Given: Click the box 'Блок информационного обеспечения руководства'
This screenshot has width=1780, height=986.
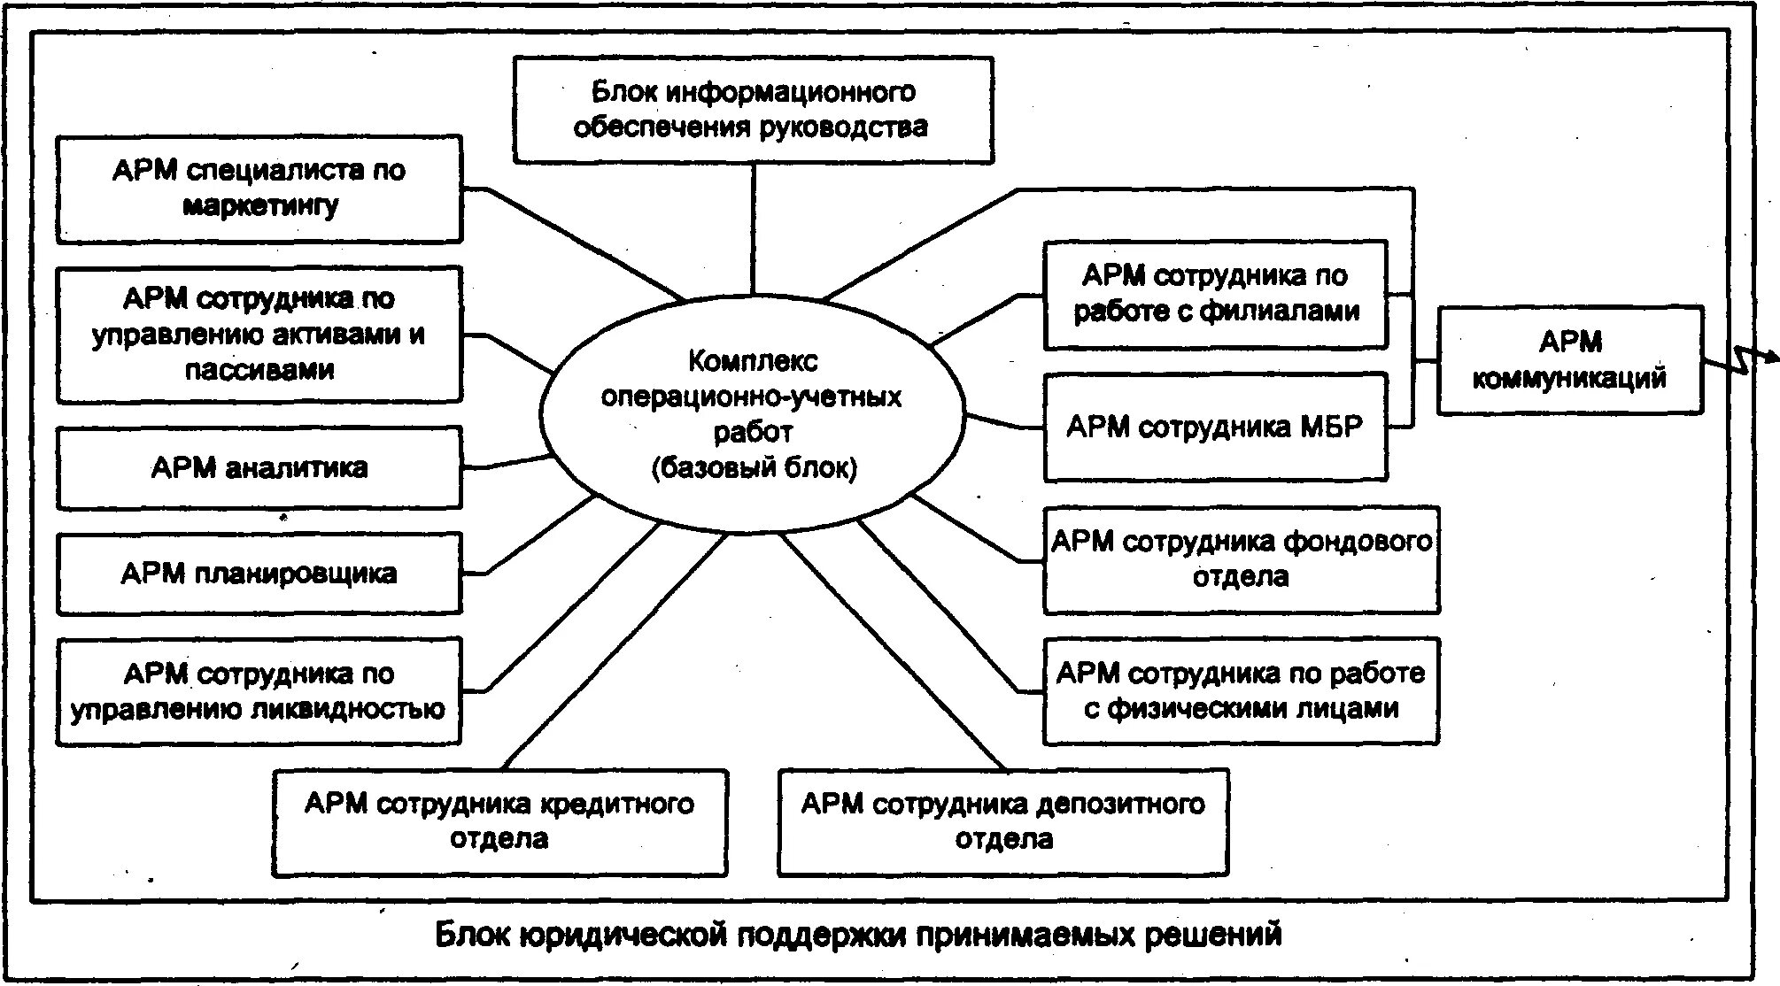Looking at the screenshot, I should point(753,110).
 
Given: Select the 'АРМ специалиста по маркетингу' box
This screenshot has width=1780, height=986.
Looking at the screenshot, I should point(259,189).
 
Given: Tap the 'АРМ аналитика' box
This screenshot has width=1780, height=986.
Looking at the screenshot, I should point(259,467).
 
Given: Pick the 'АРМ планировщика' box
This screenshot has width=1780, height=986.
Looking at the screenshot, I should point(259,573).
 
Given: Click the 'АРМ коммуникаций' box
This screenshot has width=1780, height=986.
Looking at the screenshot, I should point(1569,359).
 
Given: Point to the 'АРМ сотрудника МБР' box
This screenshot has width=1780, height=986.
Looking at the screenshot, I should point(1215,428).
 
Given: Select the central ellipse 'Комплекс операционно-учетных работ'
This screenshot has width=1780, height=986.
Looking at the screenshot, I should point(752,413).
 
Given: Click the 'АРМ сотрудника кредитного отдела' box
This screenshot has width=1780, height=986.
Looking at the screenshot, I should point(499,821).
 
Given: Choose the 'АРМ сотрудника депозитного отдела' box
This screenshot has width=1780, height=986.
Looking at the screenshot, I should point(1003,821).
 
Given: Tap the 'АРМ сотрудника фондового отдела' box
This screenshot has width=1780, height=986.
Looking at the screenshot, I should point(1241,559).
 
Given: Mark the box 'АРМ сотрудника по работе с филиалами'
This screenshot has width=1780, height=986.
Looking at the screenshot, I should point(1215,294).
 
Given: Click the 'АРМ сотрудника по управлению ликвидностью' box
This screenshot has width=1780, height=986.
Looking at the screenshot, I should point(259,691).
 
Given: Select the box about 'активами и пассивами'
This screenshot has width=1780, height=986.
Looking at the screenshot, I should point(259,334).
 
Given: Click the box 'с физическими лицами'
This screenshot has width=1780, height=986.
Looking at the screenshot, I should point(1241,691).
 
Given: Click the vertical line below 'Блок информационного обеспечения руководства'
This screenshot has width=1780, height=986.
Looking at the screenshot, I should point(754,228).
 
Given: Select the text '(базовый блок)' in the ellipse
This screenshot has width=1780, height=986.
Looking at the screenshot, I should point(754,468).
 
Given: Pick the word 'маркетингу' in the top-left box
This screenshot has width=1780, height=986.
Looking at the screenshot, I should point(260,206).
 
